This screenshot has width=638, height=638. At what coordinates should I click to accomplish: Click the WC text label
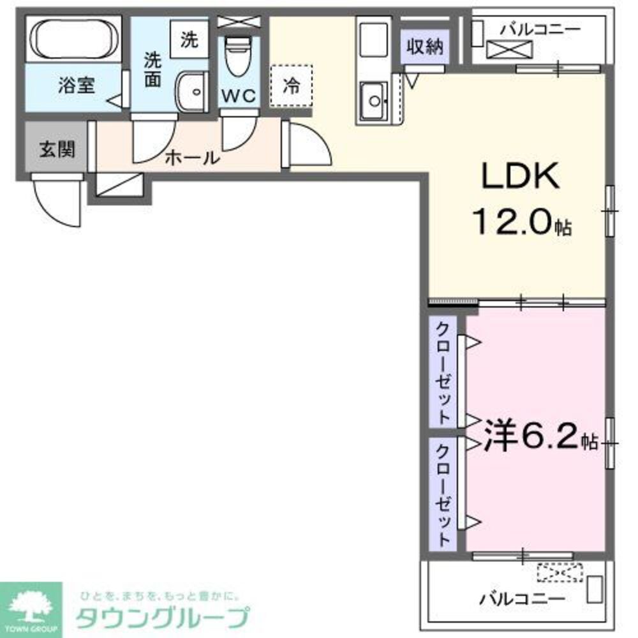tap(239, 96)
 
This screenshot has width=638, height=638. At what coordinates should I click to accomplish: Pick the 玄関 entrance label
tap(57, 150)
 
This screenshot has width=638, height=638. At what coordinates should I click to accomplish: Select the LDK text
tap(520, 176)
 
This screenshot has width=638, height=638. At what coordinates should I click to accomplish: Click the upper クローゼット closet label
tap(443, 373)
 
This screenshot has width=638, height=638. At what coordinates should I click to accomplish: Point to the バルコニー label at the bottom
tap(522, 599)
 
